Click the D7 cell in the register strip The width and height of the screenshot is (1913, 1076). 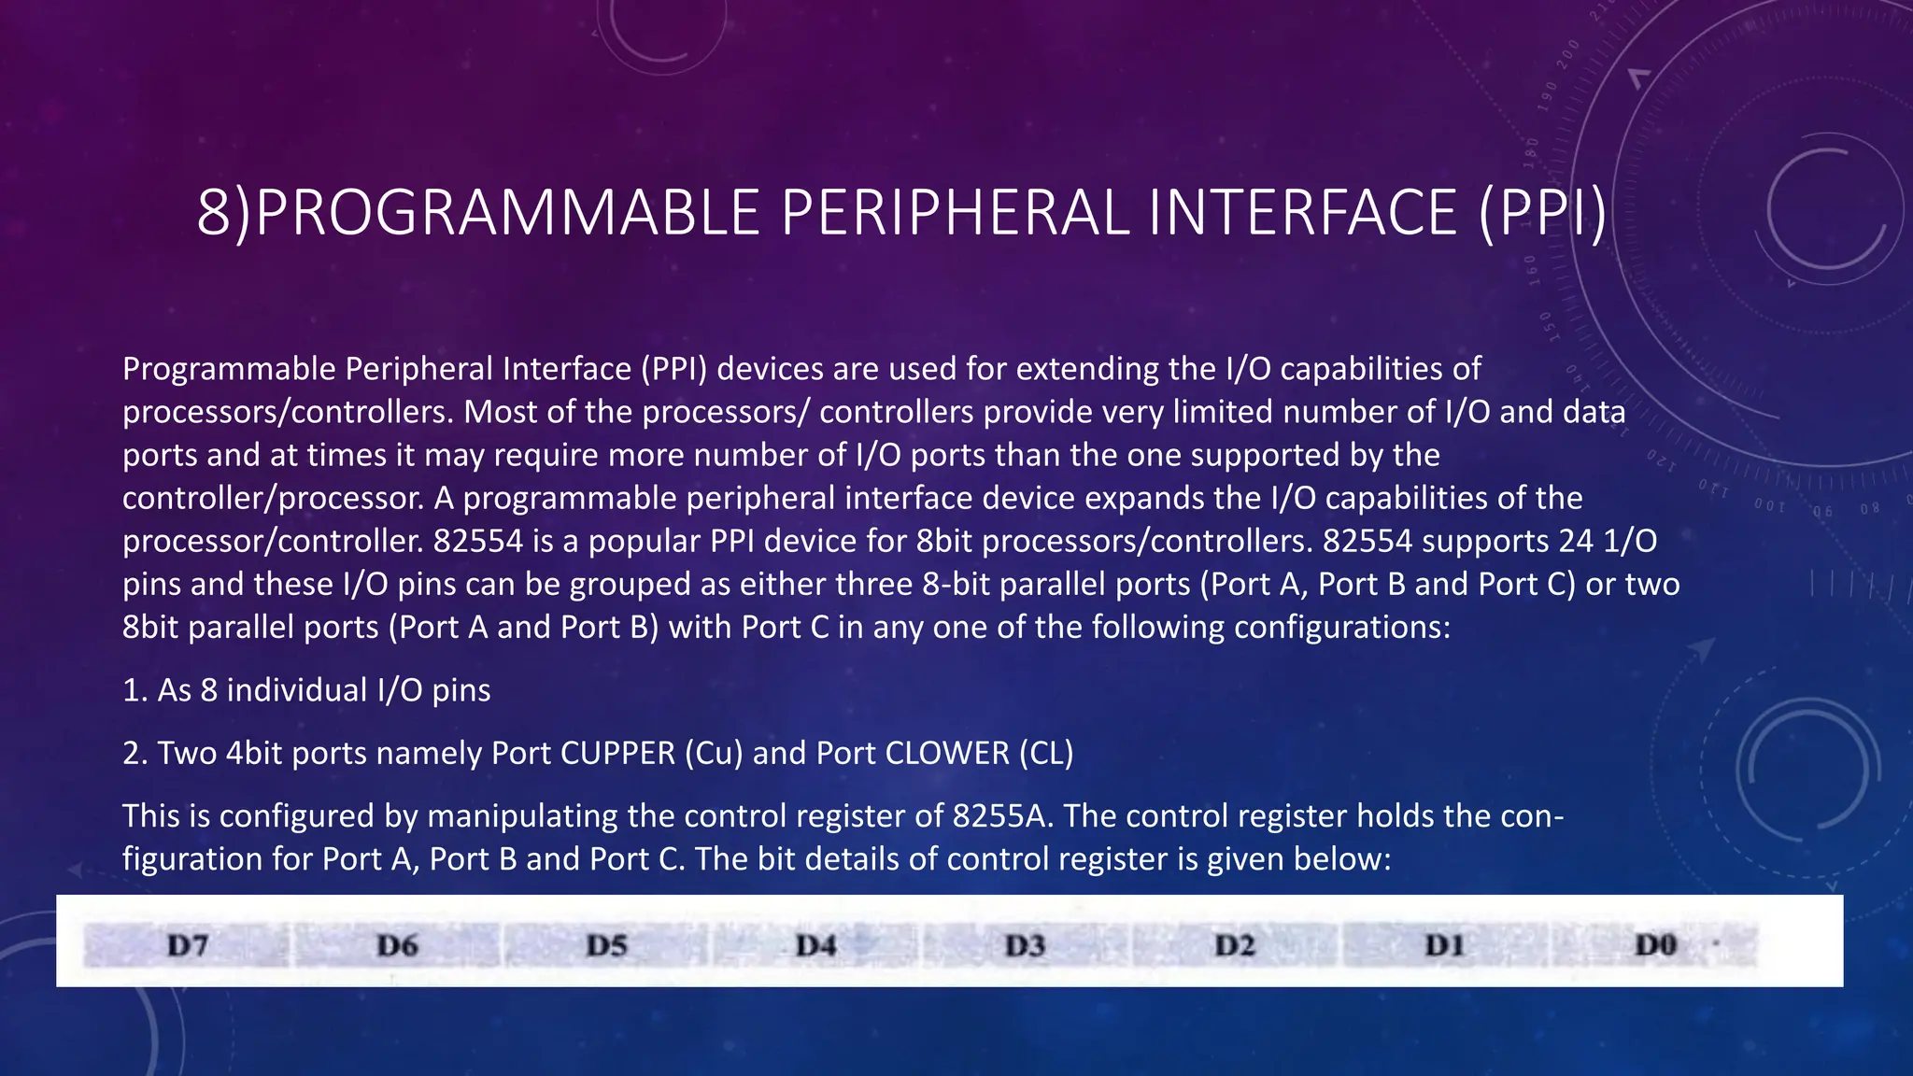point(187,945)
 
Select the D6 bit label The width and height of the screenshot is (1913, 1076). point(397,945)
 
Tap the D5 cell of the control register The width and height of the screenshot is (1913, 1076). point(606,945)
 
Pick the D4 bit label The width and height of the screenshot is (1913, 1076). point(815,945)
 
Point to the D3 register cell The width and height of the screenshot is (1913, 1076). point(1025,945)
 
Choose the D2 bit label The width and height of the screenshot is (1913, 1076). point(1235,945)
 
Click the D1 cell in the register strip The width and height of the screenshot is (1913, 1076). point(1444,945)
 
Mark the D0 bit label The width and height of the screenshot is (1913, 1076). point(1655,945)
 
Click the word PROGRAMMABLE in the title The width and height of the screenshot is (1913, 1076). point(505,212)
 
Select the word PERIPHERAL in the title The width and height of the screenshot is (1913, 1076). point(955,212)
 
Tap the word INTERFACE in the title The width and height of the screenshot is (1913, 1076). point(1303,212)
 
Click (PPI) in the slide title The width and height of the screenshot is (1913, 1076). point(1543,212)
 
